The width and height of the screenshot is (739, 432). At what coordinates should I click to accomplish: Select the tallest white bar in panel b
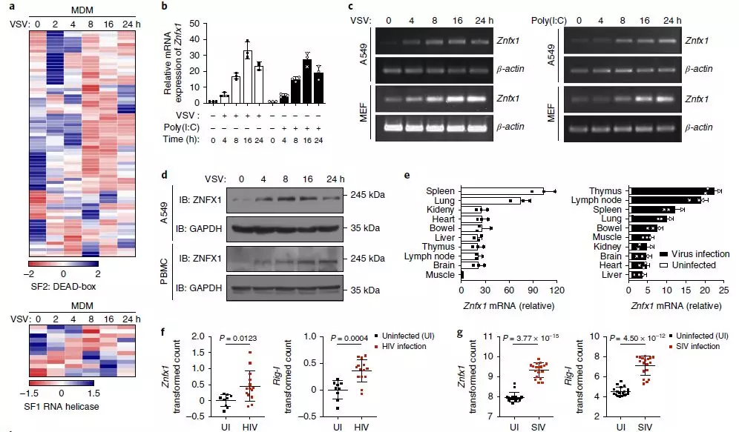(248, 77)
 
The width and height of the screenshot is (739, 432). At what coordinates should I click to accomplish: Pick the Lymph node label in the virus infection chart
(602, 201)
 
